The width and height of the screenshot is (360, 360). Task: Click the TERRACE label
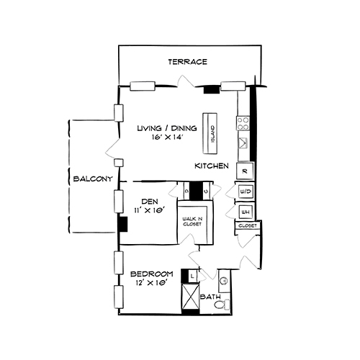[188, 62]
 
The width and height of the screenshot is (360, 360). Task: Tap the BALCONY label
[89, 179]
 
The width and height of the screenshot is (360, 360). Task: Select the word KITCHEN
[212, 166]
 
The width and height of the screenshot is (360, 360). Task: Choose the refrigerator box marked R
[245, 171]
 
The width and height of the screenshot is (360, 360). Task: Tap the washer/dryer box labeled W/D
[245, 192]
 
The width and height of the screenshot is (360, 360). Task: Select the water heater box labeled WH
[245, 212]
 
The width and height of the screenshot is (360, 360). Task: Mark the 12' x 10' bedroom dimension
[151, 283]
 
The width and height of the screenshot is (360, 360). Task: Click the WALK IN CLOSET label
[192, 222]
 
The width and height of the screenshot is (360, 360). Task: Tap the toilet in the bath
[222, 304]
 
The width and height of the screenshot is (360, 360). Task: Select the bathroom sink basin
[223, 279]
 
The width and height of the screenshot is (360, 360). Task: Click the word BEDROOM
[152, 274]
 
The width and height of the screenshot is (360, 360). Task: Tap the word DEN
[150, 201]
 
